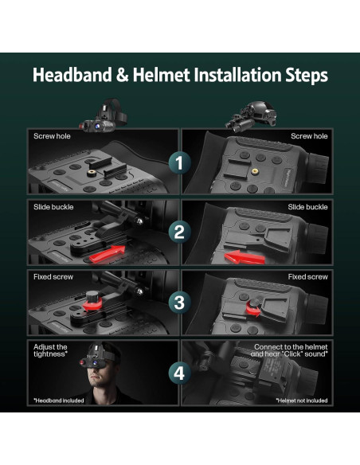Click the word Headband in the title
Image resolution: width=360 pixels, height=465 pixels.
pyautogui.click(x=72, y=75)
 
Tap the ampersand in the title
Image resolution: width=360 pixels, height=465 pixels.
pyautogui.click(x=122, y=75)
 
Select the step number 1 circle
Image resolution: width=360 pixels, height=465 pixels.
pyautogui.click(x=179, y=162)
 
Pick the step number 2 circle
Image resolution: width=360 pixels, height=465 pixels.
pyautogui.click(x=179, y=232)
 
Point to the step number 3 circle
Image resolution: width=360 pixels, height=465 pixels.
pyautogui.click(x=179, y=303)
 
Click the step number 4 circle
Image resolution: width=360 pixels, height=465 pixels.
pyautogui.click(x=179, y=373)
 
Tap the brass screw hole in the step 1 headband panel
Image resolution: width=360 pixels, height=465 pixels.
pyautogui.click(x=92, y=173)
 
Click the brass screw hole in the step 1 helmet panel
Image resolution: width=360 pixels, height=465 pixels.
pyautogui.click(x=254, y=171)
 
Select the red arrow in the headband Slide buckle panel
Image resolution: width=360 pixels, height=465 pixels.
pyautogui.click(x=108, y=254)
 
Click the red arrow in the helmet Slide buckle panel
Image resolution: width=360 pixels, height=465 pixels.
pyautogui.click(x=244, y=257)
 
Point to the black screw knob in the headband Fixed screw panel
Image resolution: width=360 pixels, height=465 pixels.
pyautogui.click(x=92, y=296)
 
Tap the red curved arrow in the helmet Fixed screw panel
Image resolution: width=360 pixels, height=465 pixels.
pyautogui.click(x=253, y=311)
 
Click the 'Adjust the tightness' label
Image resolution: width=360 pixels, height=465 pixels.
pyautogui.click(x=50, y=350)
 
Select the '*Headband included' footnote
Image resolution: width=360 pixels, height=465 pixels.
pyautogui.click(x=59, y=401)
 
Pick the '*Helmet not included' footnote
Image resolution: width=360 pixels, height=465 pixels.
pyautogui.click(x=302, y=401)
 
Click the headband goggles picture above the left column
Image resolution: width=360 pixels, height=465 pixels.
pyautogui.click(x=104, y=115)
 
